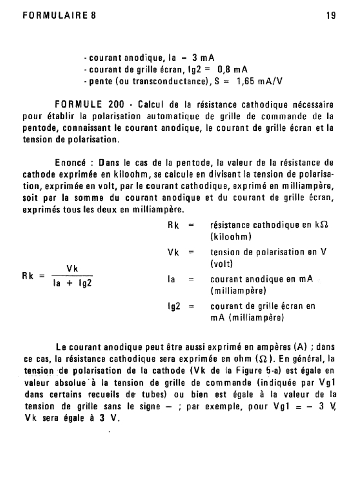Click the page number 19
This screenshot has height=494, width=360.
pos(331,14)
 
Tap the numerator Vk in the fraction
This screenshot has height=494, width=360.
pos(73,268)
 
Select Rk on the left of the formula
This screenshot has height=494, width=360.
pos(30,276)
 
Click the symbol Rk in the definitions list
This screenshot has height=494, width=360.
pos(174,226)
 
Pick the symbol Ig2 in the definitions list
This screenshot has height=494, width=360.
pos(174,306)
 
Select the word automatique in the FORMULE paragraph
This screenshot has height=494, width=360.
pos(165,116)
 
